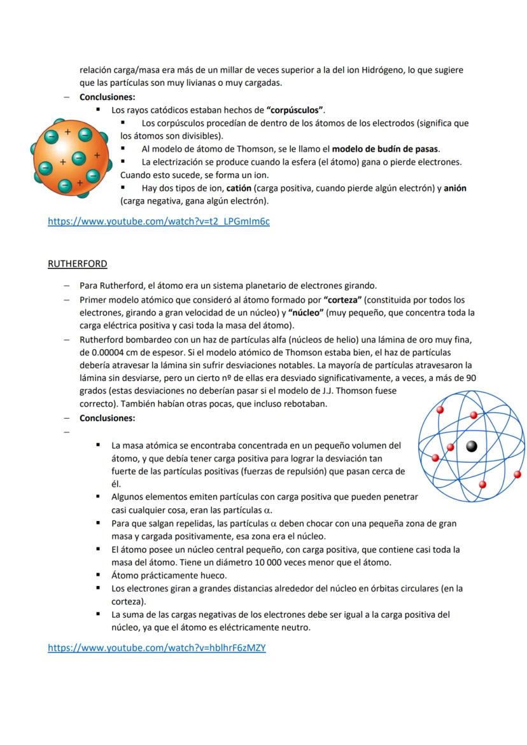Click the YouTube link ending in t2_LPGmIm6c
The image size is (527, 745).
[158, 222]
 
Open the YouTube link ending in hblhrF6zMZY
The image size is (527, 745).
[157, 648]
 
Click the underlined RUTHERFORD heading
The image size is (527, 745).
[77, 263]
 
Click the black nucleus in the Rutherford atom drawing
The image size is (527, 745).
[471, 446]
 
